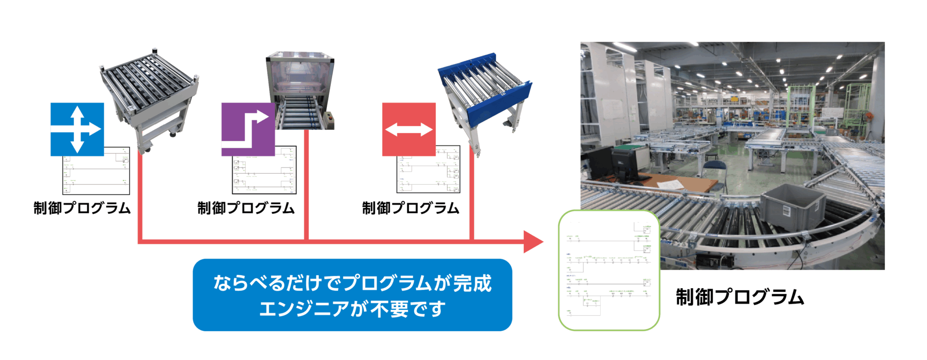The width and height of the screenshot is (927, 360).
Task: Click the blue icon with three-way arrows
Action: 77,129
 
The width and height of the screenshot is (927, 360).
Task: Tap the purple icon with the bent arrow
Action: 248,129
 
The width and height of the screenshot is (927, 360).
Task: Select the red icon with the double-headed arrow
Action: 408,129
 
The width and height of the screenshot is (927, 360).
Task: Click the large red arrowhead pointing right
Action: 533,241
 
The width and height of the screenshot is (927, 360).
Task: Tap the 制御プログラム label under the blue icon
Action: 82,208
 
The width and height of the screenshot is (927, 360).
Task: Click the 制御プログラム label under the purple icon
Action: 246,208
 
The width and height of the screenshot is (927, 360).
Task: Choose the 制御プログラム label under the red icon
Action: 411,208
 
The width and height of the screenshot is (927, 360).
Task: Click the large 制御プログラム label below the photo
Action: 740,297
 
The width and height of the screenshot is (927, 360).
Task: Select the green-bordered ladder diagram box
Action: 609,270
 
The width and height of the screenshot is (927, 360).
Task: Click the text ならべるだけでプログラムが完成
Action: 352,283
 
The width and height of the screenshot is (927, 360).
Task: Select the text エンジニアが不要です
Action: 352,309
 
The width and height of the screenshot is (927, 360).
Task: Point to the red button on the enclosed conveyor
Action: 330,115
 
